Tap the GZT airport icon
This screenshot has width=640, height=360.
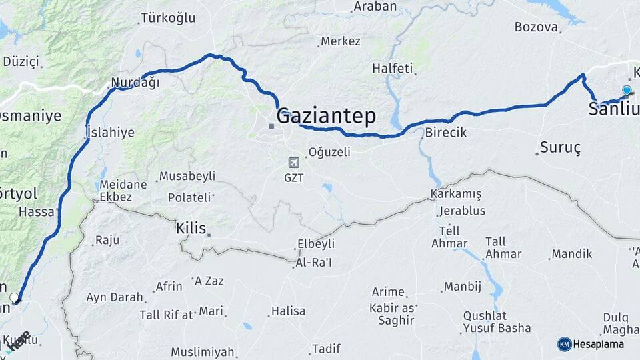[x=293, y=163]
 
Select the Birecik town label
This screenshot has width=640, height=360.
[x=445, y=132]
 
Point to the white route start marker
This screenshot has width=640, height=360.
[x=15, y=297]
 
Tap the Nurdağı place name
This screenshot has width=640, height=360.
[x=135, y=83]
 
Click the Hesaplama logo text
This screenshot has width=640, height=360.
[x=598, y=344]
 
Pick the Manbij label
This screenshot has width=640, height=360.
[x=463, y=287]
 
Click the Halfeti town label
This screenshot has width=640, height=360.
[x=393, y=68]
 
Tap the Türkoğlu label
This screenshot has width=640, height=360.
[x=168, y=18]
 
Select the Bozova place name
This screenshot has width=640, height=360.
[x=535, y=27]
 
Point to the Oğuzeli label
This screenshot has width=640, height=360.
[x=329, y=152]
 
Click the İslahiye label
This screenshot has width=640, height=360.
[x=110, y=132]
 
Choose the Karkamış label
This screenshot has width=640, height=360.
[x=456, y=193]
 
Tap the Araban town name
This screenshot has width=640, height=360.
[x=375, y=7]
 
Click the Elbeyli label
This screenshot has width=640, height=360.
[x=315, y=244]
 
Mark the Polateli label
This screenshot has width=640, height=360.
[x=189, y=197]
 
